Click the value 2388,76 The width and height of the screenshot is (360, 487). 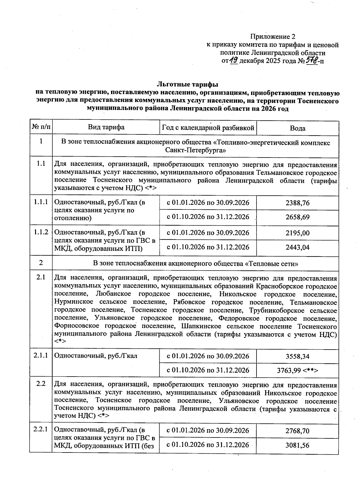pos(297,203)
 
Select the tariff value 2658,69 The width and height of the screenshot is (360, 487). pos(297,217)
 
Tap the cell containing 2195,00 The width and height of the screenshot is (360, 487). pos(297,233)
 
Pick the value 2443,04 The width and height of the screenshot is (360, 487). pos(297,248)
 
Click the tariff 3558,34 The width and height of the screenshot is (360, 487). pos(297,356)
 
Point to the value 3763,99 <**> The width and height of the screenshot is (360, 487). pos(297,371)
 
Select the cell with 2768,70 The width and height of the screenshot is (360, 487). pos(297,431)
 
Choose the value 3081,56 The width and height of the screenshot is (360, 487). pos(297,445)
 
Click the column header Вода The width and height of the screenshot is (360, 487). pos(297,128)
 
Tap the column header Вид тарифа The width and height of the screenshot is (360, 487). pos(106,127)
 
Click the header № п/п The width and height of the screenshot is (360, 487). pos(41,127)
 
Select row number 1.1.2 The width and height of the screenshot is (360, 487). pos(41,232)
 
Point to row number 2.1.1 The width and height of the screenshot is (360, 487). pos(41,356)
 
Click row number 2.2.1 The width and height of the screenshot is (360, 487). pos(41,430)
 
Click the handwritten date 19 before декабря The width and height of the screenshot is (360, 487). pos(234,61)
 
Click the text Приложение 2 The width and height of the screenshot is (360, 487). pos(273,37)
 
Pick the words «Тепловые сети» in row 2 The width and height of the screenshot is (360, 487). pos(271,263)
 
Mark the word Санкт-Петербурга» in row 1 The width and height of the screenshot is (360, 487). pos(195,150)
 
